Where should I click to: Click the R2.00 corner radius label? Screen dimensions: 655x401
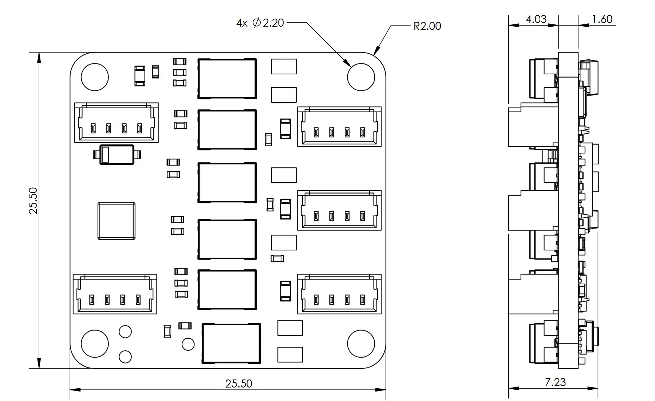pos(427,26)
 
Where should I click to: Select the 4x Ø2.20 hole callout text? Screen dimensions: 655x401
pos(260,23)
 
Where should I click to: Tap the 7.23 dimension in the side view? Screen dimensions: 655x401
pos(555,382)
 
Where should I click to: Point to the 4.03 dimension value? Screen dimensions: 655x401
pos(536,19)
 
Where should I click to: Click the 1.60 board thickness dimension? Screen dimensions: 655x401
pos(602,19)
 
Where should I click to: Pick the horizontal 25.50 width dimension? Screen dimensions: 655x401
pos(238,384)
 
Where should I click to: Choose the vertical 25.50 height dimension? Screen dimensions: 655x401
pos(33,200)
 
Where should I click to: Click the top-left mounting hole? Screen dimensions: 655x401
pos(95,77)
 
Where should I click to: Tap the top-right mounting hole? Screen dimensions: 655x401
pos(361,77)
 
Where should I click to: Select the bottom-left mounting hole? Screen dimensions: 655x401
pos(95,344)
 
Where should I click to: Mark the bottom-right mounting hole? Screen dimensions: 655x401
pos(361,344)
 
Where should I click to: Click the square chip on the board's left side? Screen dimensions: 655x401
pos(117,221)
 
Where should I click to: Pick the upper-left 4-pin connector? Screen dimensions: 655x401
pos(117,122)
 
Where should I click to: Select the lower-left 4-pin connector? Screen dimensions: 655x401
pos(115,294)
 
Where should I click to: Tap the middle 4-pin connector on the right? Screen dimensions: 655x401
pos(339,210)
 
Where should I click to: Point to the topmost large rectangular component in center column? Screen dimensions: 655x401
pos(227,79)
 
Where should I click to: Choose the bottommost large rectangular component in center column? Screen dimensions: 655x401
pos(232,343)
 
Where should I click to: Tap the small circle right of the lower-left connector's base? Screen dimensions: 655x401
pos(188,344)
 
